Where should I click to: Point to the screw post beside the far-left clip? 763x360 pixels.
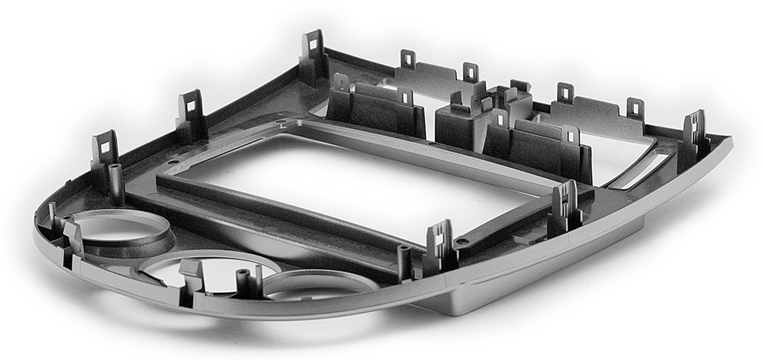coord(116,180)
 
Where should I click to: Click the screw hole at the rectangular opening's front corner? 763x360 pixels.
coord(462,241)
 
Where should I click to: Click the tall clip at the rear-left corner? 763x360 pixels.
coord(314,56)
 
